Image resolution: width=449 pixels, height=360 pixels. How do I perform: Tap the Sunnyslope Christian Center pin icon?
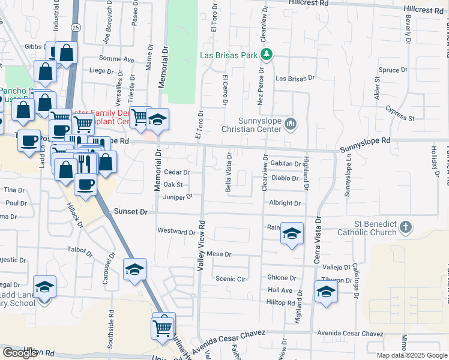291,124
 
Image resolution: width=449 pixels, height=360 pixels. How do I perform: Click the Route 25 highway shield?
74,27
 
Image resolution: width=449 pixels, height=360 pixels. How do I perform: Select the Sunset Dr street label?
130,212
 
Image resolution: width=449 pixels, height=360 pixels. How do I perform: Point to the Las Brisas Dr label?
295,78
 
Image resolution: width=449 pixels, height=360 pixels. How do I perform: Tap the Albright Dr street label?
285,203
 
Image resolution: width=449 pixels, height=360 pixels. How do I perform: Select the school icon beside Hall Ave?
325,292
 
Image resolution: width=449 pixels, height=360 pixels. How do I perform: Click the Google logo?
20,353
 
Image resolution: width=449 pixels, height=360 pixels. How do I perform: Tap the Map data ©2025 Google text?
412,355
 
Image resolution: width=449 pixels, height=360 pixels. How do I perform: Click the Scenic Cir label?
231,279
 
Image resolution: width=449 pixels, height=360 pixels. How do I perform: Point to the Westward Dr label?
176,230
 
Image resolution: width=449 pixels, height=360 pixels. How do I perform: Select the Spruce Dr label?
393,70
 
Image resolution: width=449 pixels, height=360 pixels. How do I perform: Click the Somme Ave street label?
120,59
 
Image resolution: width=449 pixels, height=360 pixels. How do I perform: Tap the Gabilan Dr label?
285,163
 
